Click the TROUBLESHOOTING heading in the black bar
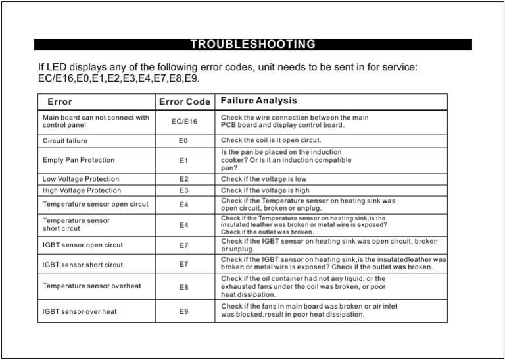(252, 45)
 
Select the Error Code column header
(185, 102)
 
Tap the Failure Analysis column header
(258, 101)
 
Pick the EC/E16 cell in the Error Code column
(184, 122)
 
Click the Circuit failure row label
(64, 141)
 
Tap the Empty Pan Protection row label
(78, 160)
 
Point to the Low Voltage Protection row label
(81, 179)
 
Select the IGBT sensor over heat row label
(80, 311)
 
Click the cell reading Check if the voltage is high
(265, 191)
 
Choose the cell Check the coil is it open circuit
(271, 140)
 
